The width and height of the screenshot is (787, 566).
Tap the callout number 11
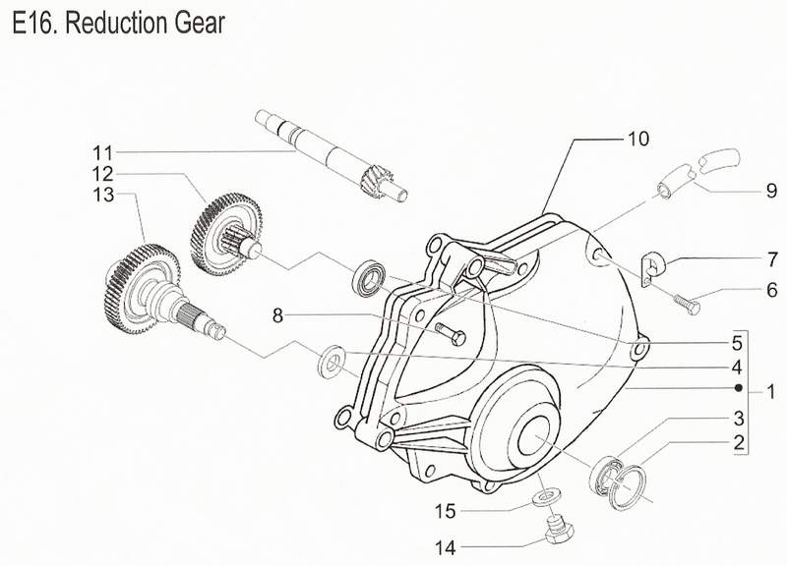pyautogui.click(x=103, y=152)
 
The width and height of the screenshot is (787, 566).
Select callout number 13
pyautogui.click(x=103, y=196)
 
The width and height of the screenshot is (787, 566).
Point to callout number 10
pyautogui.click(x=638, y=140)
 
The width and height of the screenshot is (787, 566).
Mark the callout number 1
pyautogui.click(x=771, y=391)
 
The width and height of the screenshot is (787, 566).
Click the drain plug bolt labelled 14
pyautogui.click(x=558, y=532)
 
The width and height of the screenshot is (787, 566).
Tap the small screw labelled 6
pyautogui.click(x=686, y=307)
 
